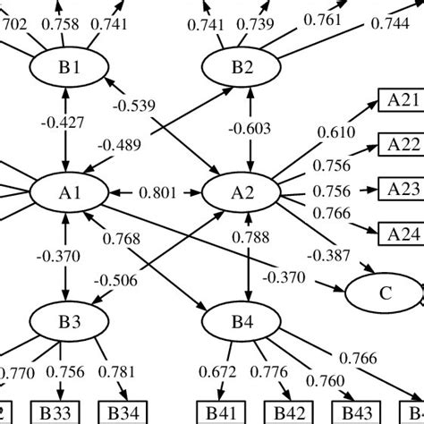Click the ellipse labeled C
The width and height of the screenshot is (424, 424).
coord(384,293)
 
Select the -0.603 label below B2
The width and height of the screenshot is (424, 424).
coord(248,128)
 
